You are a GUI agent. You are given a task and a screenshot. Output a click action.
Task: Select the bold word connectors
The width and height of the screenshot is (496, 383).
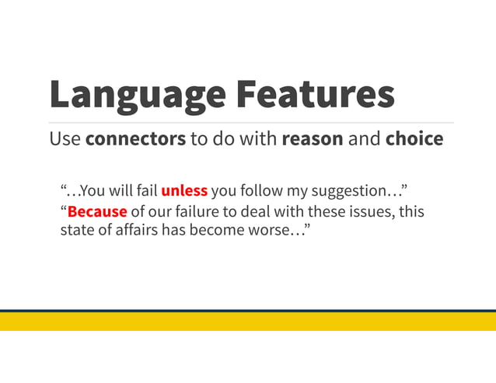(x=135, y=139)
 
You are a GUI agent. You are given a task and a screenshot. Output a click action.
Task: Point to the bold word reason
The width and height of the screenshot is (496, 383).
(x=312, y=139)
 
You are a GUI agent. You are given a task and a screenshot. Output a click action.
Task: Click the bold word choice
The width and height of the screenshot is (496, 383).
(x=414, y=139)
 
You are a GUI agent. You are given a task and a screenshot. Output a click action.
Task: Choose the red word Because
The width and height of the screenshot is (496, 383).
(x=96, y=211)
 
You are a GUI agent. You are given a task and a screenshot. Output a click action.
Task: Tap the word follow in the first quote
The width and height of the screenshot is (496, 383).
(x=265, y=191)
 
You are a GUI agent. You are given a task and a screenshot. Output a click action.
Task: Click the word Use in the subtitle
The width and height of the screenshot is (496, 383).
(x=65, y=139)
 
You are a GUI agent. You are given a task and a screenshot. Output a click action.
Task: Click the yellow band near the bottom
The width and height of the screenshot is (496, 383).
(x=248, y=321)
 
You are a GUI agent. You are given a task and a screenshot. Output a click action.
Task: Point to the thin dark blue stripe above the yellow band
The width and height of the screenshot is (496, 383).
(x=248, y=311)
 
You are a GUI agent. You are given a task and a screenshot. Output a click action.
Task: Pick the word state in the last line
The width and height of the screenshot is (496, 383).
(x=76, y=231)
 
